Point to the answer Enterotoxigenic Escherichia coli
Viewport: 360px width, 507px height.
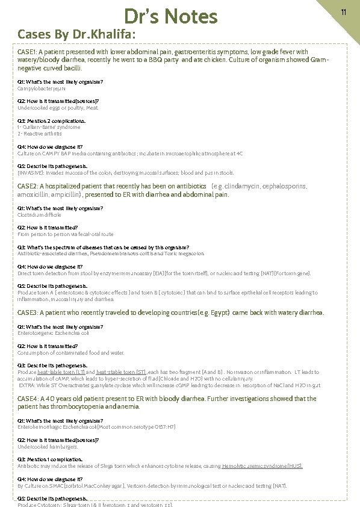(x=54, y=332)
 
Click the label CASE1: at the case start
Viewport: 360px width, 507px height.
(x=28, y=52)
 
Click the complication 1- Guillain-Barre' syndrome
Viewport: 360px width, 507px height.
(x=49, y=128)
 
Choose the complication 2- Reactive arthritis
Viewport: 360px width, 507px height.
(x=40, y=133)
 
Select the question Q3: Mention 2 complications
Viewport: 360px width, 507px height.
(x=52, y=121)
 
